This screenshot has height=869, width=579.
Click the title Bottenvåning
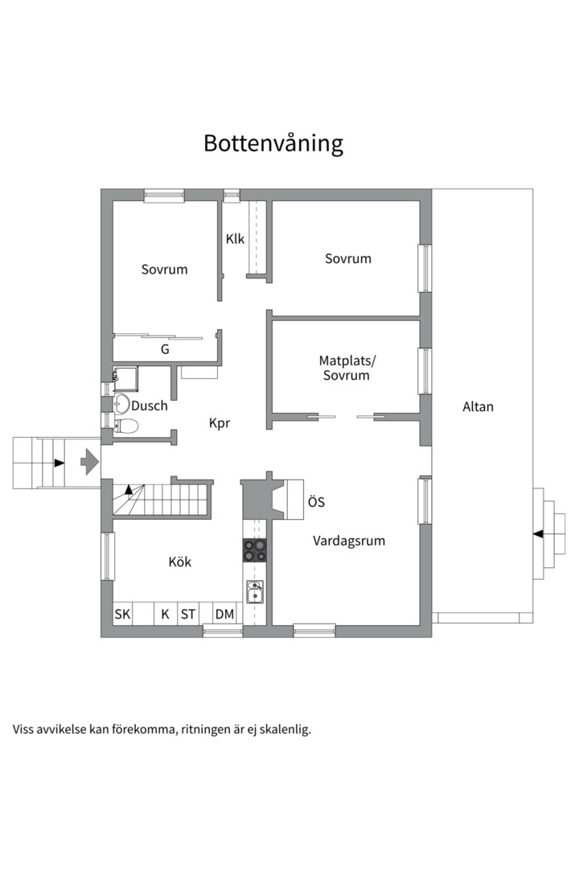(x=273, y=143)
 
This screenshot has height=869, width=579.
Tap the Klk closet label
(x=235, y=239)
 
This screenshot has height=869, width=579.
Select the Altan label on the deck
(x=478, y=407)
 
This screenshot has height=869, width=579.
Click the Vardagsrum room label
(x=348, y=541)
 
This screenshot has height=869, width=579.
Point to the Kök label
(x=180, y=562)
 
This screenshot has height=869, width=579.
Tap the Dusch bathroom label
(x=150, y=406)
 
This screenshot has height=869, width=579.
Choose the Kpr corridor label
(x=220, y=422)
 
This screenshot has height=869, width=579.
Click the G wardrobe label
(x=165, y=349)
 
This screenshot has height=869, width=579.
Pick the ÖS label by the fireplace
(x=316, y=502)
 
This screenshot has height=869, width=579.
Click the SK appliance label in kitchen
(x=122, y=615)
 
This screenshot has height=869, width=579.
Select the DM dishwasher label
(x=224, y=615)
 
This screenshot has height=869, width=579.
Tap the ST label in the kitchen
(x=188, y=615)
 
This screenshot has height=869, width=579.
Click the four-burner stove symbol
(x=255, y=550)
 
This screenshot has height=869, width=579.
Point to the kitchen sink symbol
(x=255, y=593)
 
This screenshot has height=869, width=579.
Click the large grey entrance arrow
(x=88, y=462)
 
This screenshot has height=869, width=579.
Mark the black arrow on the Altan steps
(x=538, y=533)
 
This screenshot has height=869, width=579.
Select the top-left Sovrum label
(x=164, y=270)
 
